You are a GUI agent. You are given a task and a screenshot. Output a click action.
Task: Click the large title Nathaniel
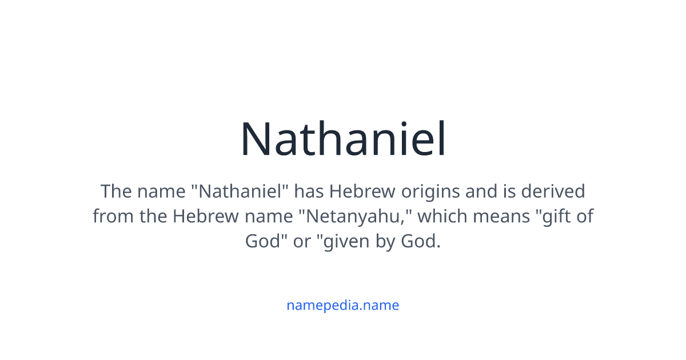(x=343, y=139)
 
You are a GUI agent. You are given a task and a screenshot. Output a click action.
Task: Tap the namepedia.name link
(x=342, y=305)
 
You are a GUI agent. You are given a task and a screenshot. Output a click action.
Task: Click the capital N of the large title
(x=256, y=139)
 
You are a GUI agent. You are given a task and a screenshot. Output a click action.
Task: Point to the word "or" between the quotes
(x=302, y=242)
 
